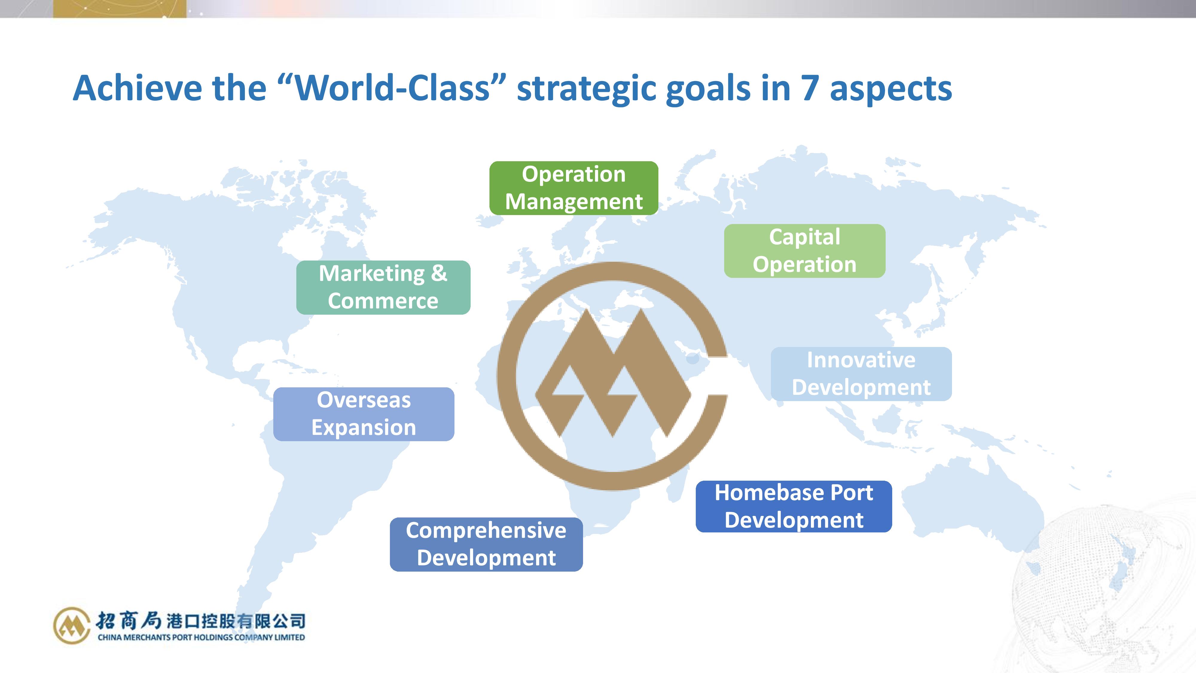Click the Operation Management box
coord(573,188)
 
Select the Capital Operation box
coord(805,251)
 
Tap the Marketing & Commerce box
coord(383,287)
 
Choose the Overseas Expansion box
coord(364,414)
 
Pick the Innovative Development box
coord(861,374)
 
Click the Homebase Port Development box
coord(794,506)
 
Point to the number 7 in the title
coord(809,88)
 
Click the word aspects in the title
coord(890,90)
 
